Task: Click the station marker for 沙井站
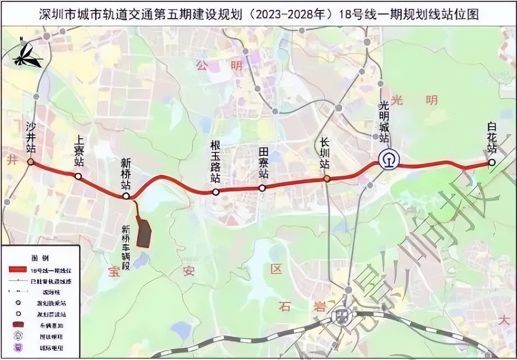point(31,162)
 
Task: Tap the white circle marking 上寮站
point(78,176)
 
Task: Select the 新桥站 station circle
point(126,196)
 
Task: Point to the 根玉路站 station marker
point(215,192)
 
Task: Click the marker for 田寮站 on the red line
point(262,188)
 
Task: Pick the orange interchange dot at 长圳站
point(327,179)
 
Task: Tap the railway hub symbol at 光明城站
point(389,159)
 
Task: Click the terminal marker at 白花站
point(492,162)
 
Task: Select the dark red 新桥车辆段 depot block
point(144,233)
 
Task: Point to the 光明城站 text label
point(383,121)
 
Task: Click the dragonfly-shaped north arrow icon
point(27,54)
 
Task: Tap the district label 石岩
point(301,307)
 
